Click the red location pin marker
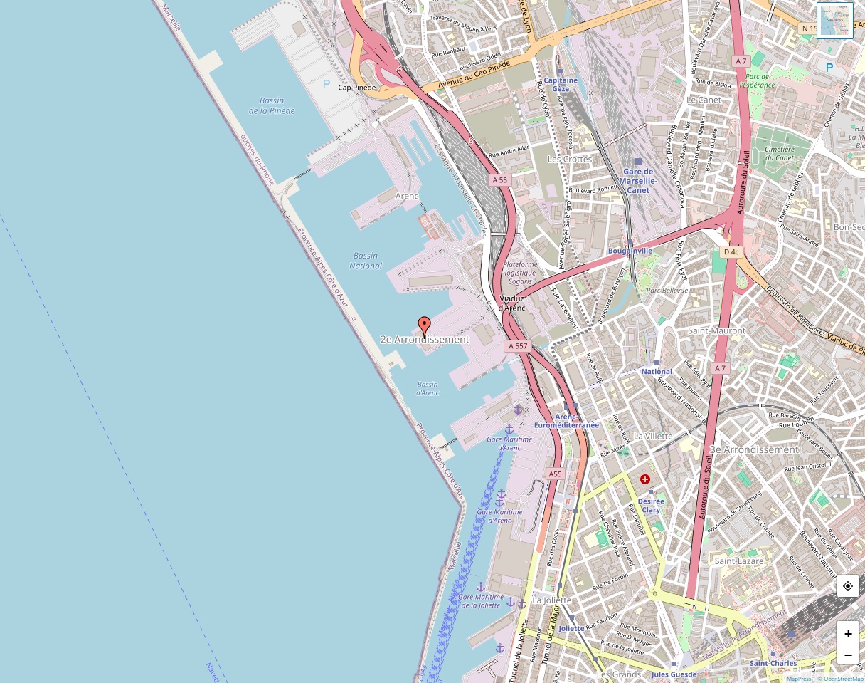[x=425, y=327]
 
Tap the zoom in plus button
[x=847, y=633]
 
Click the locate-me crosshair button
[x=847, y=586]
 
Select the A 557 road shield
[x=518, y=345]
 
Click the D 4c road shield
[x=731, y=252]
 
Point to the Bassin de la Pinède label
[x=272, y=105]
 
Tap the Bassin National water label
[x=366, y=261]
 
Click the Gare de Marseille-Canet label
[x=638, y=181]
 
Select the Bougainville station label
[x=630, y=251]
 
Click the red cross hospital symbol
[x=645, y=480]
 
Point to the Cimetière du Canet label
[x=779, y=153]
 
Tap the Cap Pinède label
[x=356, y=88]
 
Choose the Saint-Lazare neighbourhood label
[x=739, y=561]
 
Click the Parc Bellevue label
[x=667, y=291]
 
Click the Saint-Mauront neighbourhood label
[x=716, y=330]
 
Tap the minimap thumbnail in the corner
[x=834, y=21]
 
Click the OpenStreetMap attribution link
[x=842, y=679]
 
